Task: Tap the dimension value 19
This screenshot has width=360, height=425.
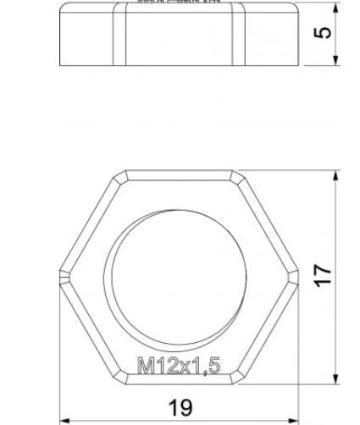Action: tap(180, 407)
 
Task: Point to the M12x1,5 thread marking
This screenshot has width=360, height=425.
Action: tap(179, 366)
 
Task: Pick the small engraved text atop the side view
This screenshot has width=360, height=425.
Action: tap(180, 3)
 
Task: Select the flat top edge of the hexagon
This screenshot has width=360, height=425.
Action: tap(180, 172)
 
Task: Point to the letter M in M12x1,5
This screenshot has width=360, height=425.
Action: tap(145, 366)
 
